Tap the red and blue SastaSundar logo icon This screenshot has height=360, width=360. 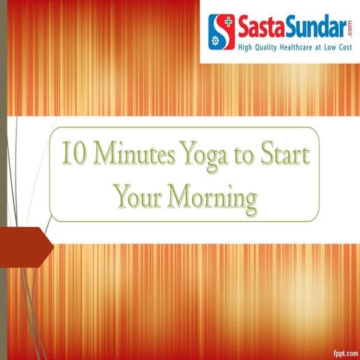pos(220,31)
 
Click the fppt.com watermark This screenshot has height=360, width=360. pos(342,351)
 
